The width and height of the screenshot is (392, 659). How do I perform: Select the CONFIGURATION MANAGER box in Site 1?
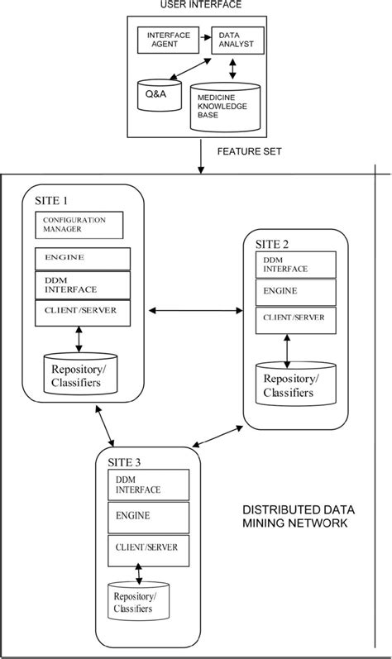pyautogui.click(x=79, y=224)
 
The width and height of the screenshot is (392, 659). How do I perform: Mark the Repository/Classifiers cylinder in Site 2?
pyautogui.click(x=289, y=383)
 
